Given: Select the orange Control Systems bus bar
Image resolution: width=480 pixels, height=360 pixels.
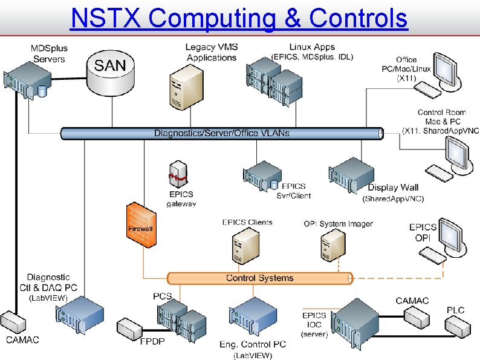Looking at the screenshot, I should click(259, 278).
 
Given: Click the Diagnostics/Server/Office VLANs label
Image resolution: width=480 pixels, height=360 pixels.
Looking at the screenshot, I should click(221, 133).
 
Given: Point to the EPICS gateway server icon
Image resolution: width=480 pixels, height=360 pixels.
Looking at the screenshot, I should click(179, 174).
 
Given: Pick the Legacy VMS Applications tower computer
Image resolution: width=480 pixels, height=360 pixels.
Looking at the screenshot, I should click(183, 87).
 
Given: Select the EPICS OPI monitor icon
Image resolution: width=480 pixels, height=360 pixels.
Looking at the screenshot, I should click(452, 233).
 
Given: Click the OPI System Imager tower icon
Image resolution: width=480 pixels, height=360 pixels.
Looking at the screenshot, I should click(333, 244).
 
